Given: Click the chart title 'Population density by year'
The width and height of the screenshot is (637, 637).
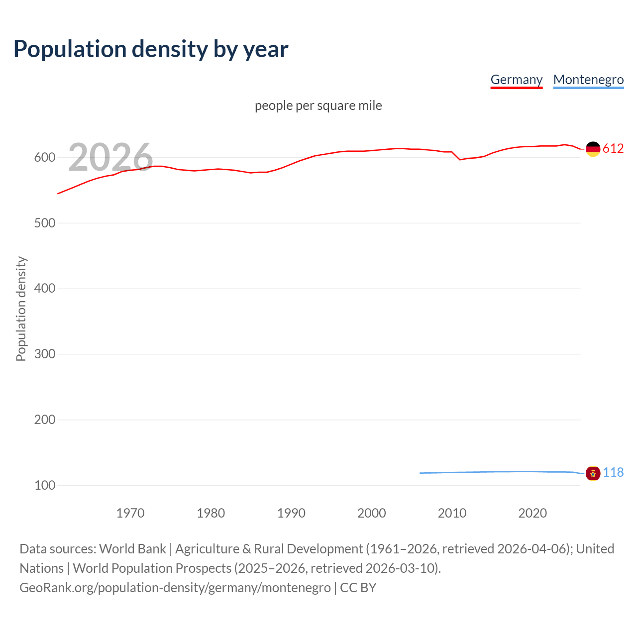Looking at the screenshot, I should tap(151, 49).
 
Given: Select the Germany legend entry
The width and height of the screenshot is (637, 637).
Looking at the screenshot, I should tap(516, 80).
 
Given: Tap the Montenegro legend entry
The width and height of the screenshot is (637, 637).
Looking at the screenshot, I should tap(588, 80).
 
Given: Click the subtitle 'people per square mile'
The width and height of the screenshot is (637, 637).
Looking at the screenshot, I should tap(318, 106).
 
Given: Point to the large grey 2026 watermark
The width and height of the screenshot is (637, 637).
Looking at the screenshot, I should tap(110, 157).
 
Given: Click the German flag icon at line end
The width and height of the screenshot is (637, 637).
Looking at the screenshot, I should tap(593, 149).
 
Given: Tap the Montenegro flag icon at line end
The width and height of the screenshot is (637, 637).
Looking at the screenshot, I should tap(593, 473).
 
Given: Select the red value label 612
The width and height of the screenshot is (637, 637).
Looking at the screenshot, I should tap(613, 149).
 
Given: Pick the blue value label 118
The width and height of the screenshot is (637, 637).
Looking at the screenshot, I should tap(613, 472).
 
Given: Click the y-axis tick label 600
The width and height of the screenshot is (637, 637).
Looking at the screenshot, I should tap(45, 158).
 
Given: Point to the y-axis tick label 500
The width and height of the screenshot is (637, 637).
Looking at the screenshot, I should tap(45, 223).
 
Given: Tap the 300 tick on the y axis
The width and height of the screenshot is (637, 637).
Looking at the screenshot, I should tap(45, 354).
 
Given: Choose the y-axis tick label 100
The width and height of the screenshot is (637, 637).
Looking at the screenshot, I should tap(45, 485).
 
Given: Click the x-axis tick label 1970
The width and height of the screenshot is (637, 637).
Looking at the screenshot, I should tap(130, 513).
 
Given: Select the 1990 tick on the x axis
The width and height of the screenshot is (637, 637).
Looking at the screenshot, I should tap(291, 513).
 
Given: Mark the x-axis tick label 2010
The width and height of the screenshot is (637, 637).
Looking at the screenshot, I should tap(452, 513).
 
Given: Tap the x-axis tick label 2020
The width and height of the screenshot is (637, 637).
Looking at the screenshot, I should tap(532, 513).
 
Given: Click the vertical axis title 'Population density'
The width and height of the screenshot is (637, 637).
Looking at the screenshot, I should tap(21, 309).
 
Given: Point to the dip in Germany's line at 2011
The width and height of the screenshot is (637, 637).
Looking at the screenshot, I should tap(460, 159).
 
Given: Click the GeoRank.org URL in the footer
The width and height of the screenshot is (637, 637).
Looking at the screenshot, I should tap(175, 588).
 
